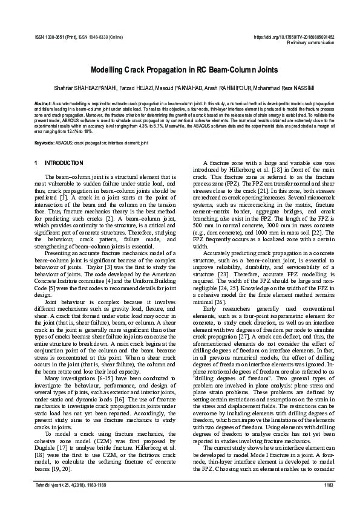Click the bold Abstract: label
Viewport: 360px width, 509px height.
pyautogui.click(x=43, y=104)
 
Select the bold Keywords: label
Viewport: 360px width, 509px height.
pyautogui.click(x=45, y=143)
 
